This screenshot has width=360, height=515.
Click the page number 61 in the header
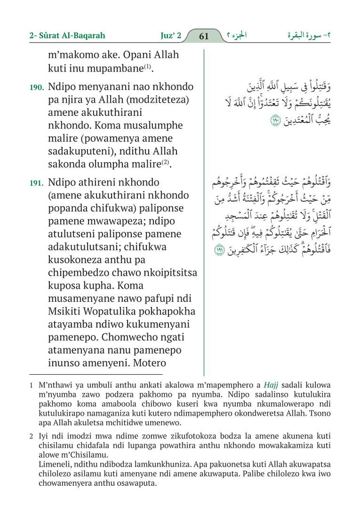tap(204, 36)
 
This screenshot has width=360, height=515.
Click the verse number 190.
tap(37, 88)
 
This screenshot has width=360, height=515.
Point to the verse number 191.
tap(37, 184)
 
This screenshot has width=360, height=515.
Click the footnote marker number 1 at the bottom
tap(31, 385)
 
